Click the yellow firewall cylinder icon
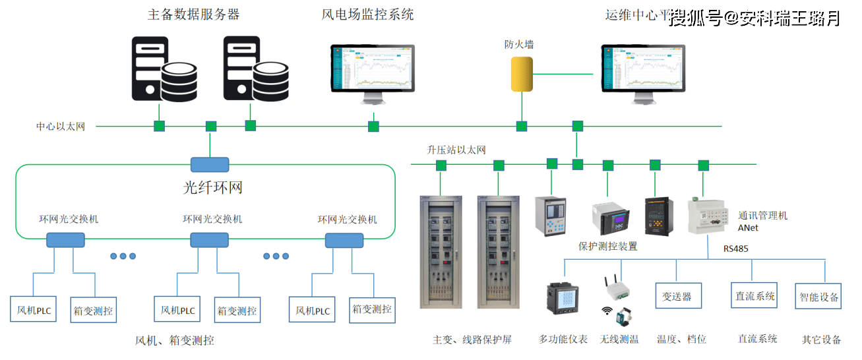tap(522, 74)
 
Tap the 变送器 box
tap(677, 297)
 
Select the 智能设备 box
tap(819, 297)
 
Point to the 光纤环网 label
tap(212, 187)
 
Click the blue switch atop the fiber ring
tap(210, 164)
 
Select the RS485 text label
tap(736, 249)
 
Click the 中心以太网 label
tap(61, 126)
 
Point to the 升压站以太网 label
tap(456, 150)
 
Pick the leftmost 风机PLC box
tap(34, 310)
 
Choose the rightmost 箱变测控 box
tap(372, 309)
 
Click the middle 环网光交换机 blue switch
tap(209, 240)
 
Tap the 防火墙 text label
tap(519, 45)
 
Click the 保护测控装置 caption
tap(607, 247)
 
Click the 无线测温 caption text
tap(619, 339)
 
